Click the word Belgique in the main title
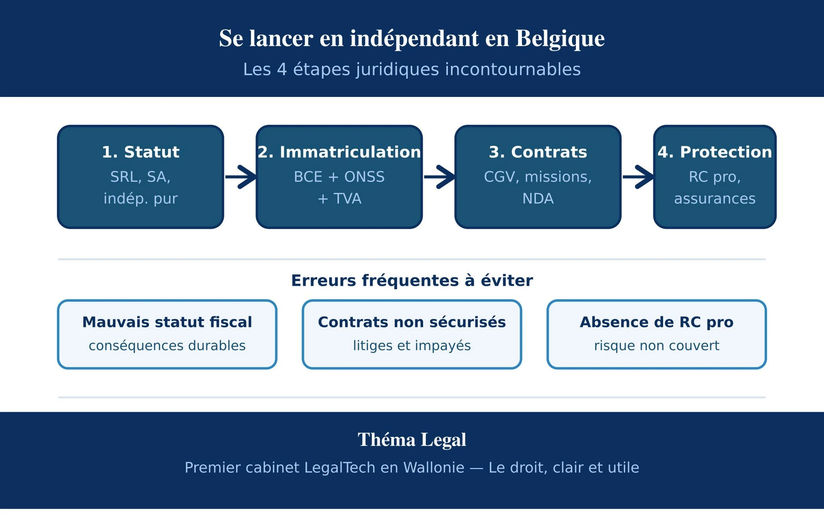[560, 39]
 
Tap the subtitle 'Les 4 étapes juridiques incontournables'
[412, 70]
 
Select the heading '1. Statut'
[140, 152]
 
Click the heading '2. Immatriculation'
[339, 152]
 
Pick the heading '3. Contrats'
[538, 152]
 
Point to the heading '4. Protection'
[715, 152]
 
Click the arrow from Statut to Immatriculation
[241, 177]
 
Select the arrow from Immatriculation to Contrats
[439, 177]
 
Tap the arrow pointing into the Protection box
[638, 177]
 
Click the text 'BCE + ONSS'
[339, 177]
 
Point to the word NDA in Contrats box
[538, 199]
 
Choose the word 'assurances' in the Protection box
[715, 199]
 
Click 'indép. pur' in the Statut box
[140, 199]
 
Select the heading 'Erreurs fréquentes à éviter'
[412, 281]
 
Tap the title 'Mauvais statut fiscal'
[167, 322]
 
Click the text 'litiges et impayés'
[412, 345]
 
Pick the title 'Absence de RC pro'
[656, 322]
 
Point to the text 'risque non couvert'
[656, 345]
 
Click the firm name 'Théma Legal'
[412, 440]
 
